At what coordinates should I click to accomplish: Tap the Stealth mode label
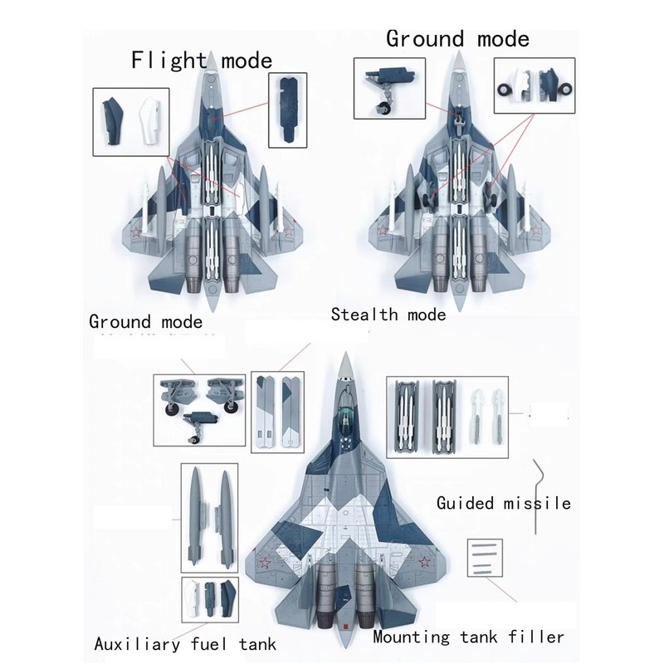(388, 314)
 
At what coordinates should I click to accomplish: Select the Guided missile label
(503, 503)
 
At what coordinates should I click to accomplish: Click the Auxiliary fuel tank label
(184, 643)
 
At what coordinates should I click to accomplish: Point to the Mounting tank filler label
(468, 637)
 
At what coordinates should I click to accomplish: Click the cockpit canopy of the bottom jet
(343, 415)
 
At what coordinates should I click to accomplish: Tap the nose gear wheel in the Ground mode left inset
(383, 106)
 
